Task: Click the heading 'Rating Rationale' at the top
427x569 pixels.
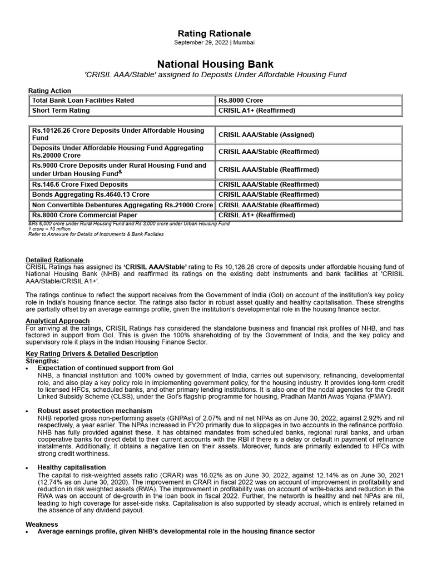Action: [x=213, y=34]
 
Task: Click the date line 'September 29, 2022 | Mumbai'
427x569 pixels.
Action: [x=213, y=43]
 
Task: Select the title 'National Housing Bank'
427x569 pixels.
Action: [x=213, y=64]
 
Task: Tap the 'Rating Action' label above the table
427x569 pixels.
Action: [x=49, y=91]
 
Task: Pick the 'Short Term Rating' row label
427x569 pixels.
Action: [x=61, y=111]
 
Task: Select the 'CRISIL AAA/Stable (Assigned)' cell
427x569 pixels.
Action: [x=266, y=134]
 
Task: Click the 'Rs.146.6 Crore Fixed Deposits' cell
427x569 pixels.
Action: [x=80, y=184]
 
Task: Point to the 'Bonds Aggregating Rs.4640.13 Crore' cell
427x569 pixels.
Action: [x=91, y=194]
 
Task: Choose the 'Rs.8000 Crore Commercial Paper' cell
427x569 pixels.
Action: [x=85, y=215]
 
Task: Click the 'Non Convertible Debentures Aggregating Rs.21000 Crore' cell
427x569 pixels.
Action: [x=122, y=205]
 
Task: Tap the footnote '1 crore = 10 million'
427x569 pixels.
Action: [x=49, y=229]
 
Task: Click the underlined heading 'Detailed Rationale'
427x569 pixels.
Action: [x=54, y=260]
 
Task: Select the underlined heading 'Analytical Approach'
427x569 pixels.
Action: [x=58, y=321]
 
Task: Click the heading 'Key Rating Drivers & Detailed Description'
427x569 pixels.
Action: [x=92, y=354]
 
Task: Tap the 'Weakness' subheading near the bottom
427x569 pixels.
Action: [x=42, y=524]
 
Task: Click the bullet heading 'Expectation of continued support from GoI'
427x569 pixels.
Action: [x=105, y=368]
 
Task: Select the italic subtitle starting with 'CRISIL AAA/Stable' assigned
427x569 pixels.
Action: [x=213, y=74]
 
